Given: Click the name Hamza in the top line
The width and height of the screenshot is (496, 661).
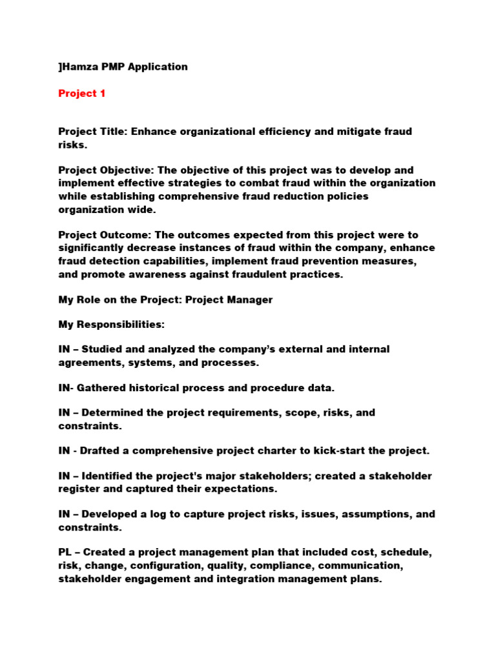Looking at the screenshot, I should point(79,66).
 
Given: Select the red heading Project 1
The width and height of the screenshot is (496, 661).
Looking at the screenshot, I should point(82,94).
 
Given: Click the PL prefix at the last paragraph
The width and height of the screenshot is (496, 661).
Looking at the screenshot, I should point(65,553).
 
